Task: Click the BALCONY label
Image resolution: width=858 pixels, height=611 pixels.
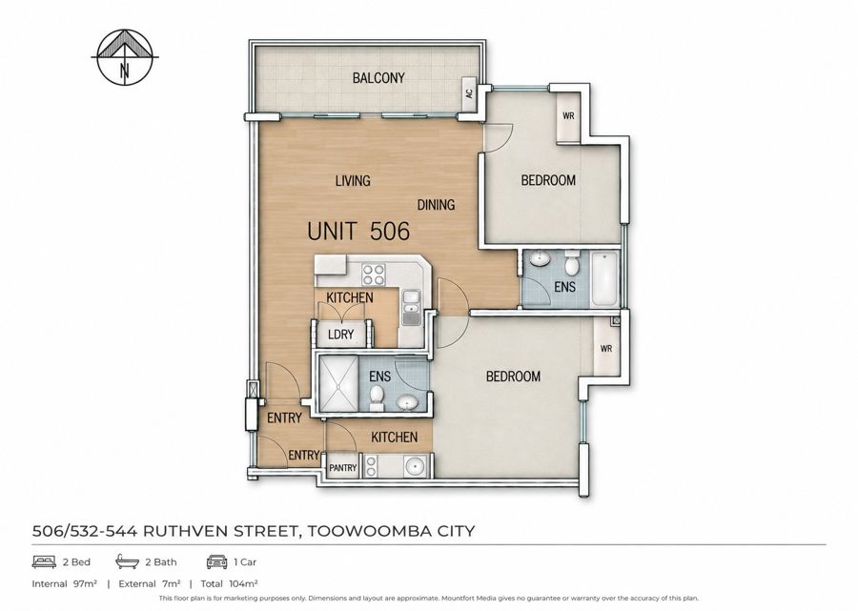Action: tap(378, 78)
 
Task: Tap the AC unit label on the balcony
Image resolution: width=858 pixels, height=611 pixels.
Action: tap(469, 93)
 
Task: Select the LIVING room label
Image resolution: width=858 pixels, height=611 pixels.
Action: tap(353, 180)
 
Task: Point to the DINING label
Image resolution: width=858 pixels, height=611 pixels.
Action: tap(436, 205)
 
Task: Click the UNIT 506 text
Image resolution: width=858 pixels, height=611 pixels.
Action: tap(358, 231)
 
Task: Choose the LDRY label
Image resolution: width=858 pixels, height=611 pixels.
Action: tap(340, 335)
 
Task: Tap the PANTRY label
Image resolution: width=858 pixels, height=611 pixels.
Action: tap(342, 468)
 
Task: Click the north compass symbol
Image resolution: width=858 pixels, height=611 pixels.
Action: tap(125, 57)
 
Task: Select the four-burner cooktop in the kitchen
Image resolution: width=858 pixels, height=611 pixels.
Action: tap(375, 275)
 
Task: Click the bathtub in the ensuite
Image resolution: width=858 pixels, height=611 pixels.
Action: tap(604, 278)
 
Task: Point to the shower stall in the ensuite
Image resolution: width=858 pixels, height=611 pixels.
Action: tap(338, 384)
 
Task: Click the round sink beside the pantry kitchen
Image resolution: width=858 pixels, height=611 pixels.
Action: tap(415, 467)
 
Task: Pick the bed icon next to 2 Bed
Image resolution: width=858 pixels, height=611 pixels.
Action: tap(44, 561)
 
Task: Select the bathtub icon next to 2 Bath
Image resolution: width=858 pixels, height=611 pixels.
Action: tap(127, 561)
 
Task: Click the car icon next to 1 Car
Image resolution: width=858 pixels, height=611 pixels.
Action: tap(216, 561)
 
